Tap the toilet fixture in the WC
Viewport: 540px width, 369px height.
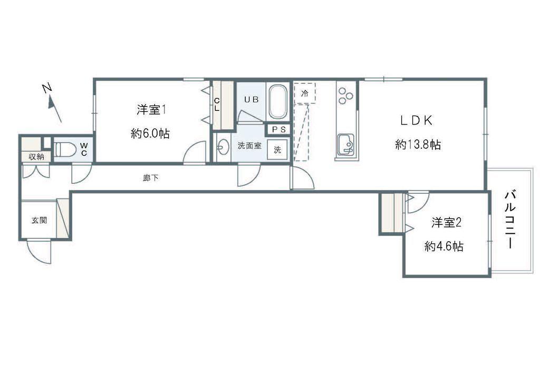click(65, 149)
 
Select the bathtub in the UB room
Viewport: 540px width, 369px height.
click(278, 102)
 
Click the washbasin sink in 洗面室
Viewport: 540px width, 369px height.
click(223, 147)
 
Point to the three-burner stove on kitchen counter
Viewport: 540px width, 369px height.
click(346, 95)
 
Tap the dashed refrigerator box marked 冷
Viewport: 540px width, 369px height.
click(305, 93)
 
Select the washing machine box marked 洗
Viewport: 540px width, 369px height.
click(277, 149)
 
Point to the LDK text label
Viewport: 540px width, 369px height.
click(417, 120)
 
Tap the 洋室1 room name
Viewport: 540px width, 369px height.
click(152, 110)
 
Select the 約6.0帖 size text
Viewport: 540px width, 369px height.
click(150, 134)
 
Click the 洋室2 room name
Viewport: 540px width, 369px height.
click(446, 222)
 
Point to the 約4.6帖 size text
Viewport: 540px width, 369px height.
click(444, 246)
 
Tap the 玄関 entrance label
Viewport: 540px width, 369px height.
click(39, 220)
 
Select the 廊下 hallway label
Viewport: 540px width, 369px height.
click(151, 178)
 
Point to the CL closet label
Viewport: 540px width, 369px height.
click(217, 105)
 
